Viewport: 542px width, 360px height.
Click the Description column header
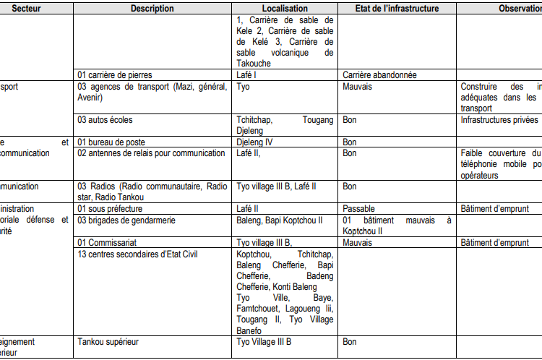click(152, 9)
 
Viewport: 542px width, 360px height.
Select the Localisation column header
click(285, 9)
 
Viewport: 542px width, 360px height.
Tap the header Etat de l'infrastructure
click(397, 9)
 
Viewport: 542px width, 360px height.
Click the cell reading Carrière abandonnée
click(379, 74)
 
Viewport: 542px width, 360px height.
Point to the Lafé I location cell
click(248, 74)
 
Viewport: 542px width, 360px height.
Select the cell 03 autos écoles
click(105, 120)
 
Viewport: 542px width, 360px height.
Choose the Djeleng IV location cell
click(254, 142)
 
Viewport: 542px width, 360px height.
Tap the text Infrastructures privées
click(499, 120)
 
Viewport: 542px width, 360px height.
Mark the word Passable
click(359, 208)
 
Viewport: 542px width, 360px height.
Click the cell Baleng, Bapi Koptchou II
click(280, 220)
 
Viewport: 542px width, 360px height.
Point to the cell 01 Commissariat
click(107, 243)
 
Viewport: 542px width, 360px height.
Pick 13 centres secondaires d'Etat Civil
click(137, 254)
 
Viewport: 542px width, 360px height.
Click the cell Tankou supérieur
click(108, 341)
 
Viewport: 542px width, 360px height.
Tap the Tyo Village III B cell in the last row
click(264, 341)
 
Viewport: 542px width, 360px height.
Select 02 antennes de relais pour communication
click(151, 153)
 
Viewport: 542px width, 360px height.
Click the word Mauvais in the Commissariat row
click(358, 243)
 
